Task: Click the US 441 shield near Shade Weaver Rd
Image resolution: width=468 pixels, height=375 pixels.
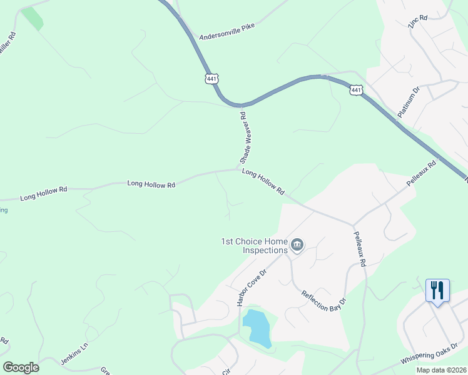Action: coord(211,78)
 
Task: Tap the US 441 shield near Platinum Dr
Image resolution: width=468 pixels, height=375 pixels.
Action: coord(356,90)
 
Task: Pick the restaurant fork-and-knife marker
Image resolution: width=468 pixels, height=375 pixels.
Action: coord(437,291)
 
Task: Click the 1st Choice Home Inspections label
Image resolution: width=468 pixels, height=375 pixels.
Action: coord(254,246)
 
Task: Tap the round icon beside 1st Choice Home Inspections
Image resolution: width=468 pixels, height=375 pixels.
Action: coord(298,244)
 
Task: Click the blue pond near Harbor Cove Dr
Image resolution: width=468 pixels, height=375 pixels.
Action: coord(257,327)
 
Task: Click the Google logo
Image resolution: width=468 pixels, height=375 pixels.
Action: coord(21,367)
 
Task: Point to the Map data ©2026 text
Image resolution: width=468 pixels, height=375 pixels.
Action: coord(440,370)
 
